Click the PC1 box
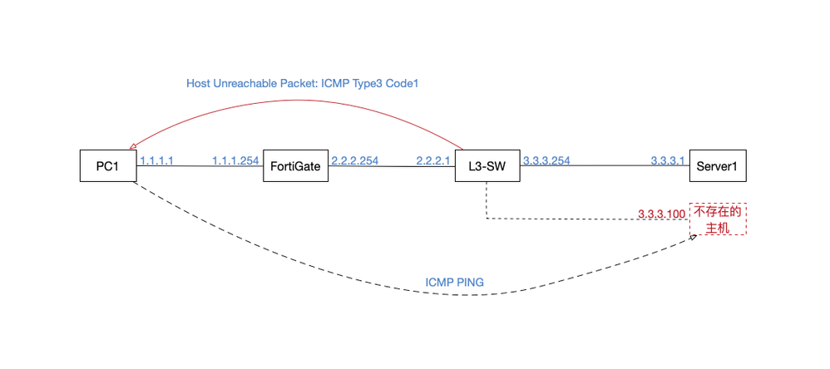[107, 166]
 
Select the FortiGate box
[295, 166]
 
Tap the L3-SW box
[487, 166]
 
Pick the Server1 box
[718, 166]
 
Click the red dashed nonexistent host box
[718, 219]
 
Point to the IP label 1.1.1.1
[156, 160]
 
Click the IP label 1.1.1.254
[235, 160]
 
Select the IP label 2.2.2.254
[354, 160]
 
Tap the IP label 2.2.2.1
[432, 160]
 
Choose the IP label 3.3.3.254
[546, 160]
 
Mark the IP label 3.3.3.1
[667, 160]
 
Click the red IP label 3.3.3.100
[662, 214]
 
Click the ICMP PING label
[455, 283]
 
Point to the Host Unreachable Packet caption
[307, 84]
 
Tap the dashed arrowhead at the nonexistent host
[693, 237]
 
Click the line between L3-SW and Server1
[607, 166]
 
